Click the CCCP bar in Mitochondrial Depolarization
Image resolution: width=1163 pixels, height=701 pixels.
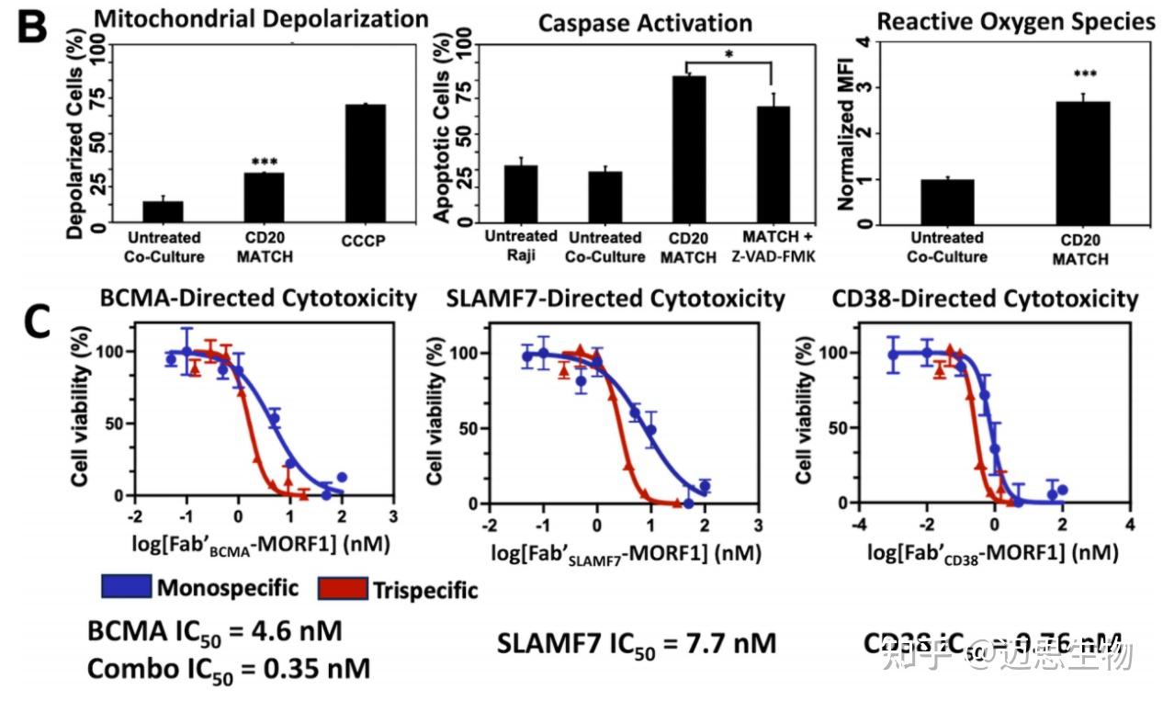pyautogui.click(x=360, y=164)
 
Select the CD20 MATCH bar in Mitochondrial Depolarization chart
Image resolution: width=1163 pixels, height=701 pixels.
pyautogui.click(x=265, y=198)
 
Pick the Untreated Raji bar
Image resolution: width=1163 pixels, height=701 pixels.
pyautogui.click(x=521, y=194)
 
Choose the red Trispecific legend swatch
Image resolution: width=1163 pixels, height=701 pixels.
pyautogui.click(x=342, y=588)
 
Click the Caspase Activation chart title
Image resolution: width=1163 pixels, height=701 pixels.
pyautogui.click(x=644, y=23)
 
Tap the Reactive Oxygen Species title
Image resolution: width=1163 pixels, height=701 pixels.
pyautogui.click(x=1016, y=22)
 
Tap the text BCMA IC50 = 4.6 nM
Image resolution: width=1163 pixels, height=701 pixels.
pyautogui.click(x=215, y=633)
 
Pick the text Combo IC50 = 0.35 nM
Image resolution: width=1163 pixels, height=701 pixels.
pyautogui.click(x=228, y=669)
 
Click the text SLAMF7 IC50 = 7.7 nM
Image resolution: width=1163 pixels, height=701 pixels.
pyautogui.click(x=637, y=644)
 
